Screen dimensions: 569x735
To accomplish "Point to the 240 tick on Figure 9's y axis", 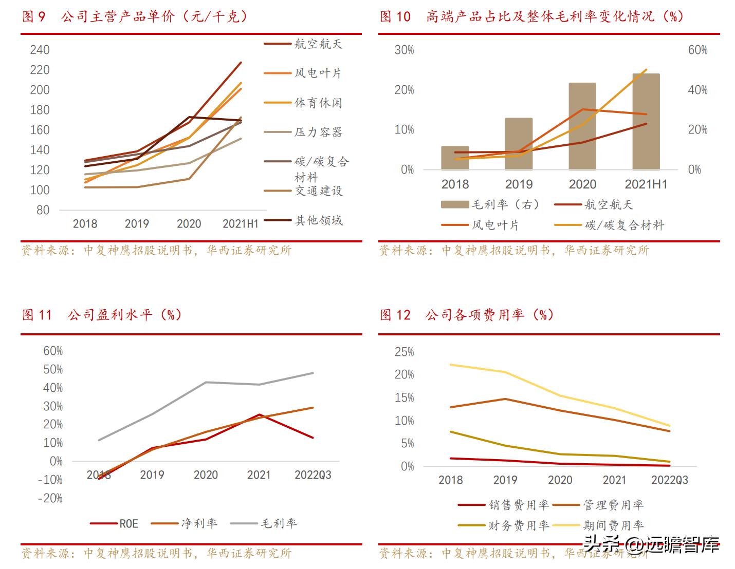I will point(40,50).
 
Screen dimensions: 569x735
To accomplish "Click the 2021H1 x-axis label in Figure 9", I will point(240,224).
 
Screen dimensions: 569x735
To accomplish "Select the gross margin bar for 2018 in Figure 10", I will point(455,158).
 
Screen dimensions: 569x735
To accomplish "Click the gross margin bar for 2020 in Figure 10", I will point(582,126).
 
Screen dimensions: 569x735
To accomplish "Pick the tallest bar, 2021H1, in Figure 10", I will point(646,122).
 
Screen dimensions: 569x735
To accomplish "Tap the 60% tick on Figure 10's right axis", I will point(697,50).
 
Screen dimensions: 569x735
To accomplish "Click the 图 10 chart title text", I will point(531,16).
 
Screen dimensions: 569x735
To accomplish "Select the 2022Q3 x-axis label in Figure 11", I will point(313,475).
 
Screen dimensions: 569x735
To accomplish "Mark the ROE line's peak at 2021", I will point(260,414).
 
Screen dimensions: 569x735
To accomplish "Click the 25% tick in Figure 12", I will point(404,352).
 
